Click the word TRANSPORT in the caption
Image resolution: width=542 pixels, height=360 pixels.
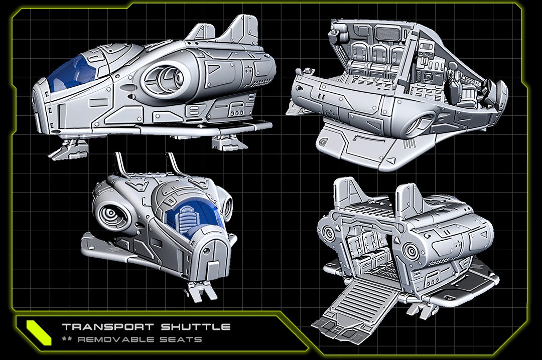107,327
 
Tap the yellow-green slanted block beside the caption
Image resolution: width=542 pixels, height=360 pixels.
39,332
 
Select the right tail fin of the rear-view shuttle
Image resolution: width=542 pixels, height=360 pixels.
410,201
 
